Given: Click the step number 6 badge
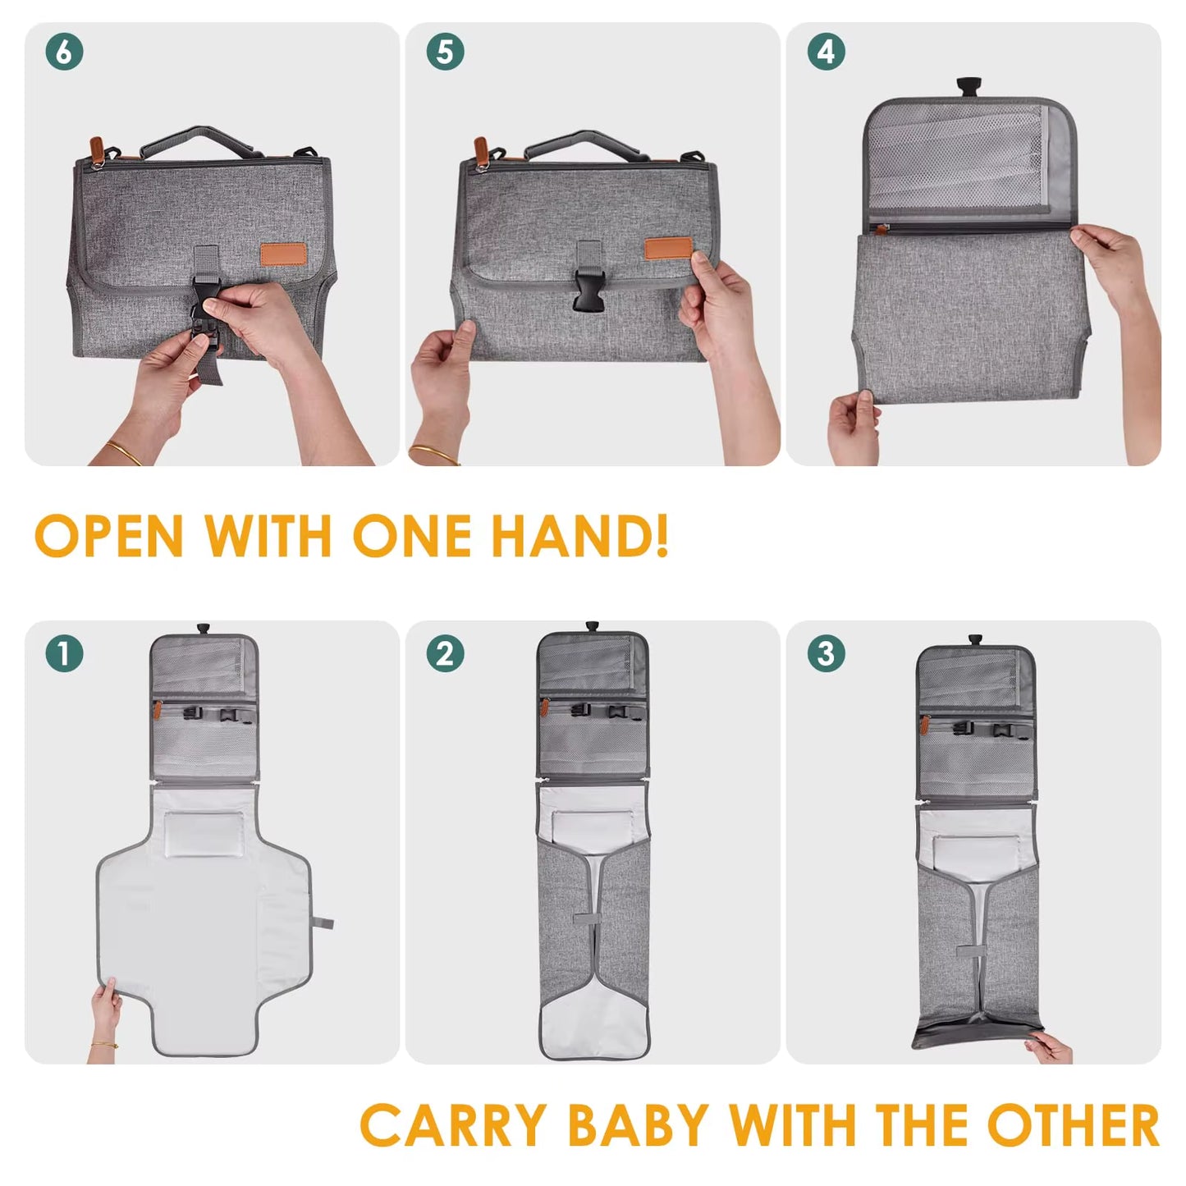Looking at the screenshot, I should [x=64, y=52].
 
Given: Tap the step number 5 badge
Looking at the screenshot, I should [x=445, y=52].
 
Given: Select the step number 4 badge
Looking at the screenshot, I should [x=826, y=52].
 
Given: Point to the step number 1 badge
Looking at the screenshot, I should [x=64, y=654].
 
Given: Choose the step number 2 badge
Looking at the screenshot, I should [x=445, y=654].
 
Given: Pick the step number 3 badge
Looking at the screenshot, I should [x=826, y=654].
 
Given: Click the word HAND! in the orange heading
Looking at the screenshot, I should [x=579, y=537].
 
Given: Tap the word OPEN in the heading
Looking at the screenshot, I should [x=108, y=537].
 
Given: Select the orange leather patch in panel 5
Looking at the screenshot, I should [x=666, y=249].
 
